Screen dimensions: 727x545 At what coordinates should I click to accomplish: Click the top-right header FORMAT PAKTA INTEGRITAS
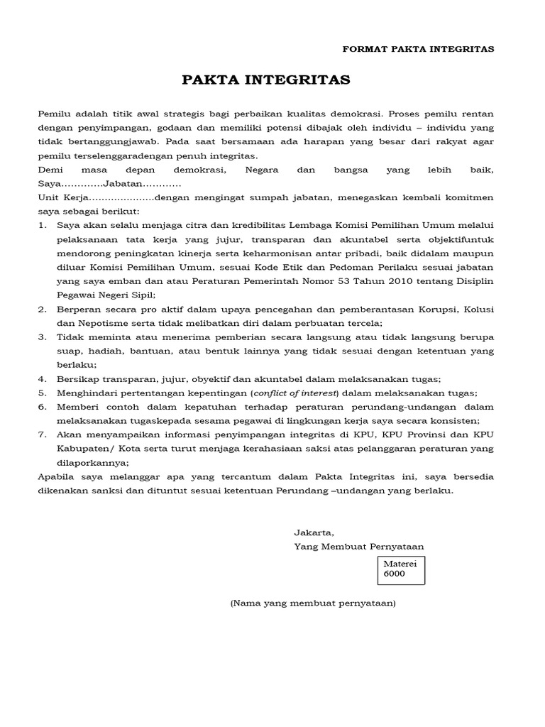418,49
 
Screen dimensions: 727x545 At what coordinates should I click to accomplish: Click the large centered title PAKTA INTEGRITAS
266,80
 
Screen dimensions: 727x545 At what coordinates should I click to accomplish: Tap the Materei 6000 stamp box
401,569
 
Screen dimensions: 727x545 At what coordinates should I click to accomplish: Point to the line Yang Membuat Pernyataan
358,546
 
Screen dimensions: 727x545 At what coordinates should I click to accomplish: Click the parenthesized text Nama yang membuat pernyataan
312,603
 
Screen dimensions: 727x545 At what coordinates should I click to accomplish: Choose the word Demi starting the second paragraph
49,170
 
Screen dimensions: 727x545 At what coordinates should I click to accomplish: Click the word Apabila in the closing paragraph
56,476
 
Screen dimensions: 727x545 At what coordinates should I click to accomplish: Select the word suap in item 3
69,351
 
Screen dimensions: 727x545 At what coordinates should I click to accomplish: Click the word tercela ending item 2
364,322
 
